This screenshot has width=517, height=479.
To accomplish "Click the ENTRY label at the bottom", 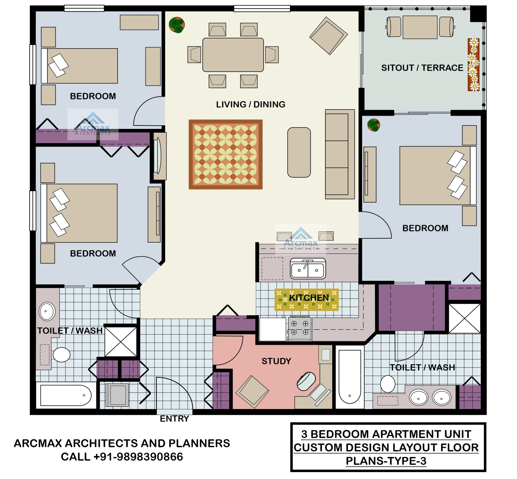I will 174,418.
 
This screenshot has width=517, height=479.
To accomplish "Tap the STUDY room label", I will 276,361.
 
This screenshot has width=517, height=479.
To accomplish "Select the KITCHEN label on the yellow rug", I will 309,298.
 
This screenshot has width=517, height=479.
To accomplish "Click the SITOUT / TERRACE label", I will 422,68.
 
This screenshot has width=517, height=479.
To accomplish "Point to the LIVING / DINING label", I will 250,104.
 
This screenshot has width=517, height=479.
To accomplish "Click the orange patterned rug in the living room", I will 225,154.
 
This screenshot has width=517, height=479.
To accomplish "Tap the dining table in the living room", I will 233,55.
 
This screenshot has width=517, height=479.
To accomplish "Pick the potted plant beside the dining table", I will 177,25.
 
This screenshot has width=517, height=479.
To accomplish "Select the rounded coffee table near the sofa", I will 299,152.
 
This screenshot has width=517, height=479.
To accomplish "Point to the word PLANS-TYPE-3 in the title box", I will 386,461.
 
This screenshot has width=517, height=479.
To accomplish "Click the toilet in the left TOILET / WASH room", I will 61,355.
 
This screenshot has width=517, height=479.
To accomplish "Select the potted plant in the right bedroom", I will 373,125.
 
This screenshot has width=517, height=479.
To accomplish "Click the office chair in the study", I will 306,381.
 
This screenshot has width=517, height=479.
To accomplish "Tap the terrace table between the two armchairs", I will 420,27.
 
